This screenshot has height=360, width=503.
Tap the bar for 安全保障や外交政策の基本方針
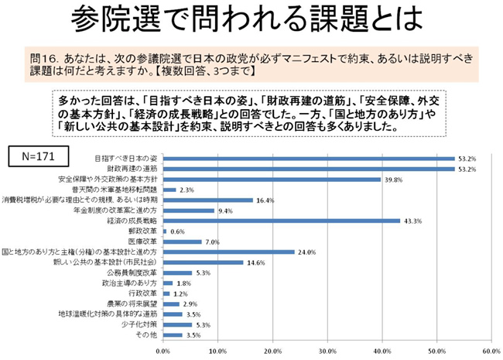click(x=272, y=179)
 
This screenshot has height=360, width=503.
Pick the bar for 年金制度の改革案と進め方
click(x=188, y=210)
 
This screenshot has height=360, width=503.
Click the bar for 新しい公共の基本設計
click(x=203, y=262)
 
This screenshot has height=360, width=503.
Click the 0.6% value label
click(x=177, y=231)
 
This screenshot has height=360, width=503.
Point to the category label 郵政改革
click(x=144, y=231)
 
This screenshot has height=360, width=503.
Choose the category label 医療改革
click(x=144, y=242)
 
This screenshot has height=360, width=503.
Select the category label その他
click(x=147, y=335)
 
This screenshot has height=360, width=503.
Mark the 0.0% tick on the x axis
click(x=163, y=351)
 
